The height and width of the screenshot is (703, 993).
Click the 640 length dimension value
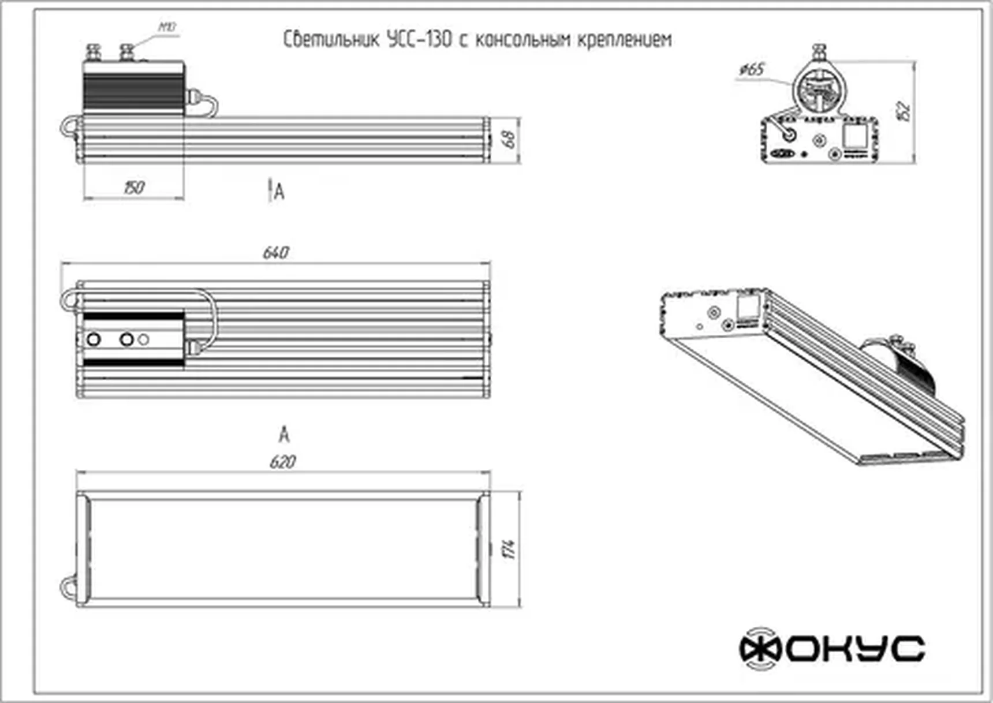(x=275, y=253)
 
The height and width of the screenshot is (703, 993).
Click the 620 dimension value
(x=282, y=462)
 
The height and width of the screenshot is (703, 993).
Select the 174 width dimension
(x=509, y=549)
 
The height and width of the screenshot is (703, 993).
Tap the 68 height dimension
(x=509, y=139)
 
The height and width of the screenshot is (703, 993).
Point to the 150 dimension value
(x=133, y=188)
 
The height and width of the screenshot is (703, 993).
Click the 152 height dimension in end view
(x=905, y=111)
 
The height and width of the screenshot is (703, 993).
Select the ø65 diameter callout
(x=751, y=70)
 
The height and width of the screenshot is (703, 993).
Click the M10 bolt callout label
(x=167, y=27)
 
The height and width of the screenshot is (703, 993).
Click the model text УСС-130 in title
(x=419, y=40)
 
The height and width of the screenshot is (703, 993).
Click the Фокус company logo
(x=832, y=648)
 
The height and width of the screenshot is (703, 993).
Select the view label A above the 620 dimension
(x=283, y=434)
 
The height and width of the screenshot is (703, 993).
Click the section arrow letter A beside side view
(x=279, y=192)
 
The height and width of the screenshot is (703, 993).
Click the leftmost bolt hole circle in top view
(x=94, y=339)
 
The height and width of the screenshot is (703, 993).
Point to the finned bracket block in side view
(x=133, y=87)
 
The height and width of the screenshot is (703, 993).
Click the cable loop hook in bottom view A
(x=68, y=588)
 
